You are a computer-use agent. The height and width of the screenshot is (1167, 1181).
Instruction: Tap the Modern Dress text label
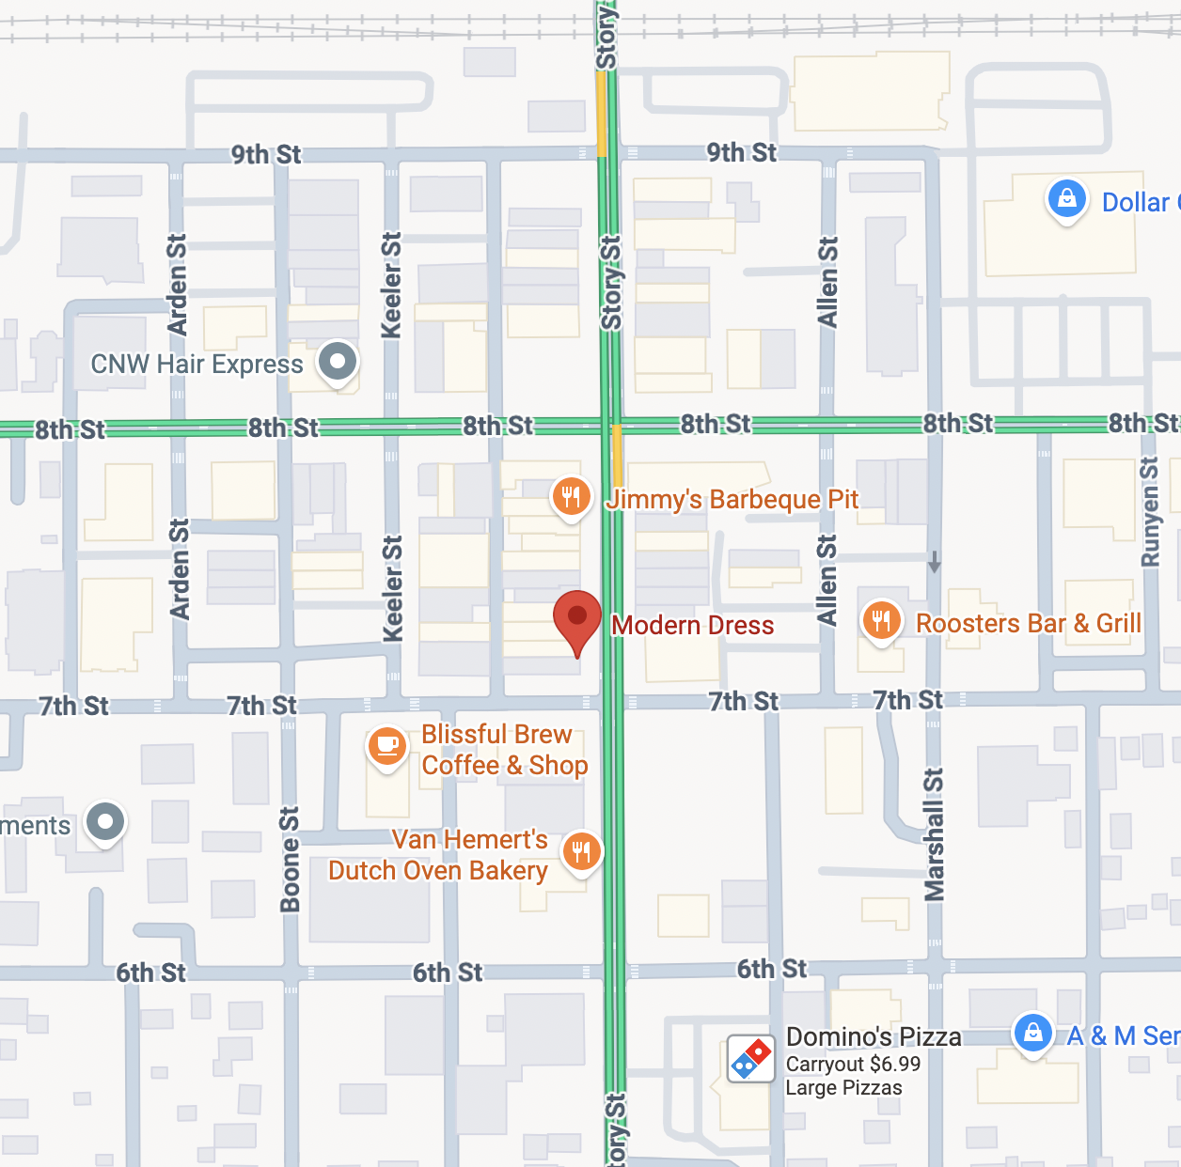click(x=692, y=626)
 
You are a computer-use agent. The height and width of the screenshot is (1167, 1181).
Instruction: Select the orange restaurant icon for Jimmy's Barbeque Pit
click(x=571, y=495)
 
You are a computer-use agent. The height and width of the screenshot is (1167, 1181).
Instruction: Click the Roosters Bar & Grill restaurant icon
click(x=881, y=621)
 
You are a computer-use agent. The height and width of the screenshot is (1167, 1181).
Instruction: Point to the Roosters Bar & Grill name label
click(x=1029, y=624)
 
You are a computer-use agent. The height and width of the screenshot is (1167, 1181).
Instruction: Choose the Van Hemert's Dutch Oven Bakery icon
click(x=582, y=852)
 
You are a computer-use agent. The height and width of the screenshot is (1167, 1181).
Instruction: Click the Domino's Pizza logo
click(x=750, y=1059)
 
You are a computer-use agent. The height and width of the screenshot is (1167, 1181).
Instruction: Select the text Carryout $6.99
click(x=853, y=1065)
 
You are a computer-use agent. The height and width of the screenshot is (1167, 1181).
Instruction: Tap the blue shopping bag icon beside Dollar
click(x=1066, y=200)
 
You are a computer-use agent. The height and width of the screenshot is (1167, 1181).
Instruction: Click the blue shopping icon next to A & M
click(x=1032, y=1033)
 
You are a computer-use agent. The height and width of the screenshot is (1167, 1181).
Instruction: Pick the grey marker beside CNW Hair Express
click(x=338, y=362)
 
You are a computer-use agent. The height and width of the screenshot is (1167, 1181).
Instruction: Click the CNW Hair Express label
click(x=197, y=365)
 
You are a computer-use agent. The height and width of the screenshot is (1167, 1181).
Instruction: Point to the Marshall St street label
click(x=934, y=834)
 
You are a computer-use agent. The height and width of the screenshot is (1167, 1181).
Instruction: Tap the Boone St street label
click(x=290, y=859)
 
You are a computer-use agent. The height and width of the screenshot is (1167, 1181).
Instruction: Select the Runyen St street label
click(x=1149, y=512)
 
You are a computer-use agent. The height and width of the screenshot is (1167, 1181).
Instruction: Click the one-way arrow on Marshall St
click(x=934, y=562)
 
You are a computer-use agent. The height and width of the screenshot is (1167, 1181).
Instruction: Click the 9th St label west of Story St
click(x=266, y=155)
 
